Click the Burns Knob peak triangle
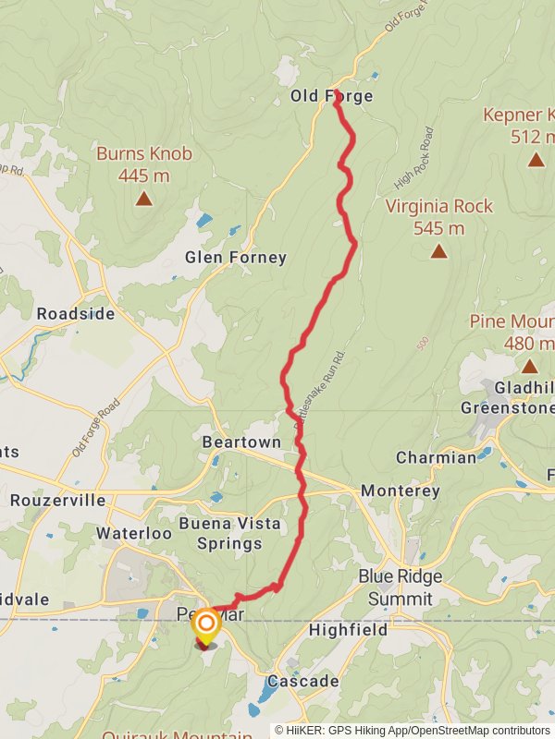click(x=143, y=198)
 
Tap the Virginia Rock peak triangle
click(x=438, y=251)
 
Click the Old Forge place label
click(x=331, y=96)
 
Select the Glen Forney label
click(x=236, y=258)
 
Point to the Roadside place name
click(x=76, y=314)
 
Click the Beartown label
click(x=241, y=442)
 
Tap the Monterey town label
click(x=401, y=491)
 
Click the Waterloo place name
click(x=134, y=533)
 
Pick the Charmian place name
click(x=436, y=457)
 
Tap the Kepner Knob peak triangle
click(x=536, y=160)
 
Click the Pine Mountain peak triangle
click(x=529, y=367)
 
